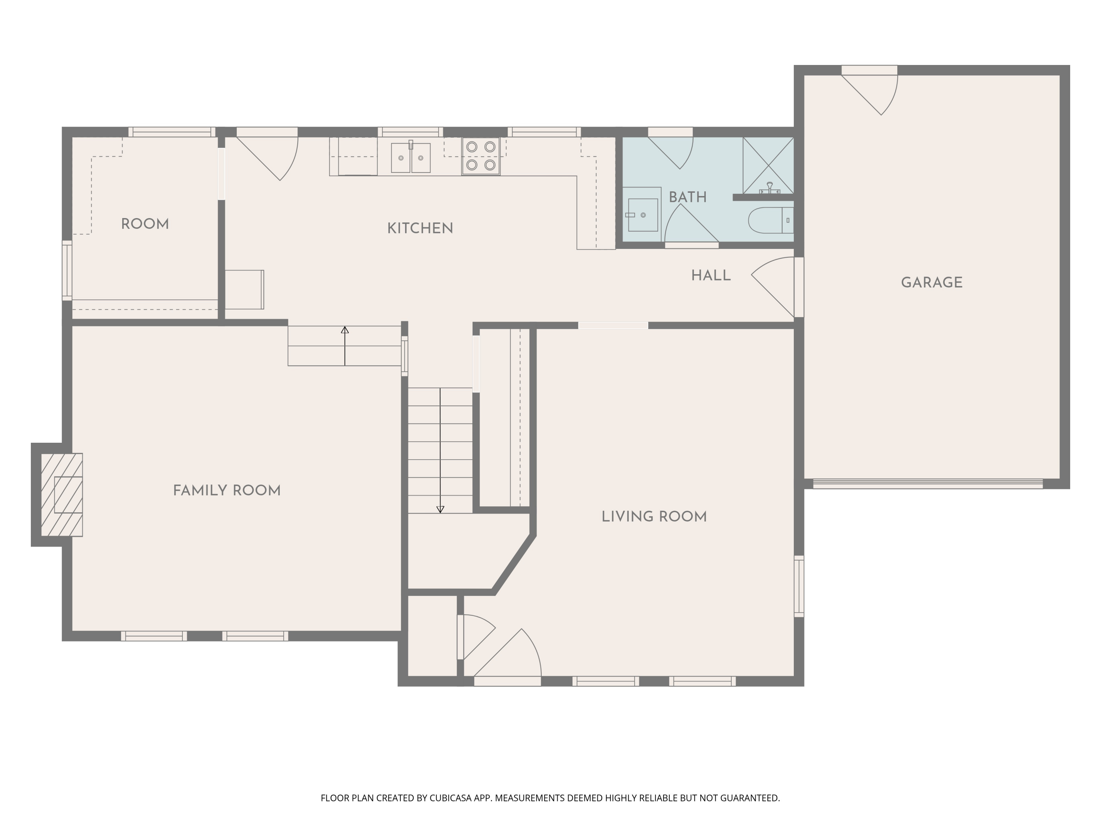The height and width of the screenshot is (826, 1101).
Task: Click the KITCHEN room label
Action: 420,229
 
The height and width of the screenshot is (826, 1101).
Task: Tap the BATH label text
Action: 687,197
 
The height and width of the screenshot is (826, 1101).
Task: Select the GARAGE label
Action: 931,283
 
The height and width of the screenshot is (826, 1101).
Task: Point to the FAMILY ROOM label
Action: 227,491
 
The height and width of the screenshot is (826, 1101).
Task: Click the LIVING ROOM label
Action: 654,517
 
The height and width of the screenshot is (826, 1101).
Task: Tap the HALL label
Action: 711,276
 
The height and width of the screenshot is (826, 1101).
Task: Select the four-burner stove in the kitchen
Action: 481,156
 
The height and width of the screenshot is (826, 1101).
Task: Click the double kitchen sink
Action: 411,158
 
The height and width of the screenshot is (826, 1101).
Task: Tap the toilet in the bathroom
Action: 770,220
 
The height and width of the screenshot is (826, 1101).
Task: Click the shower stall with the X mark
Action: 768,165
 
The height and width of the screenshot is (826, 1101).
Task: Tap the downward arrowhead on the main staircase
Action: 440,509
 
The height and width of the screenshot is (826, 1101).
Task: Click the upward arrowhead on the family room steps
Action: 345,330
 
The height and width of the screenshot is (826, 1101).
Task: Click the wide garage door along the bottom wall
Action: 927,483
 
